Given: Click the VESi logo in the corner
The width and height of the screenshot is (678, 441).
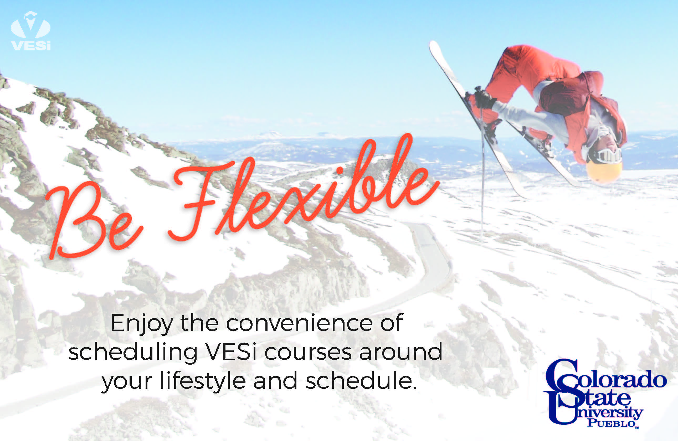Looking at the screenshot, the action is click(x=31, y=31).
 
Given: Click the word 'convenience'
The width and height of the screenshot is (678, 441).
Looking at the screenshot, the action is click(x=299, y=323).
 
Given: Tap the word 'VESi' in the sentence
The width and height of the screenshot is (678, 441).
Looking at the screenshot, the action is click(x=231, y=352).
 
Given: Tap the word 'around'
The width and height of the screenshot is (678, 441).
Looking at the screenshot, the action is click(x=400, y=352).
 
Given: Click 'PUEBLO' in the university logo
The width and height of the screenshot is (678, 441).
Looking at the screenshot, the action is click(x=613, y=423).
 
